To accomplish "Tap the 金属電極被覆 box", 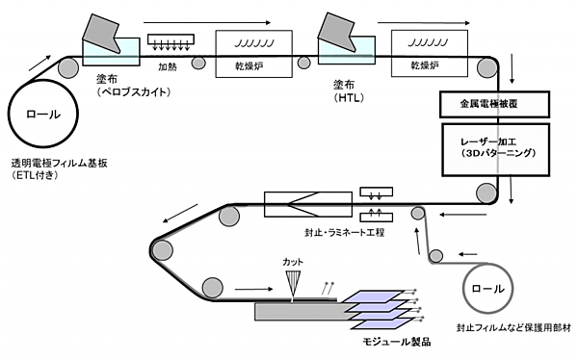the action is pyautogui.click(x=494, y=104).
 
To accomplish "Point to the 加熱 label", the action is pyautogui.click(x=168, y=66).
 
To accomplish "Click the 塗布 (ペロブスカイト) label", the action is pyautogui.click(x=134, y=86).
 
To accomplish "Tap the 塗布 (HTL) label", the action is pyautogui.click(x=349, y=91).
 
